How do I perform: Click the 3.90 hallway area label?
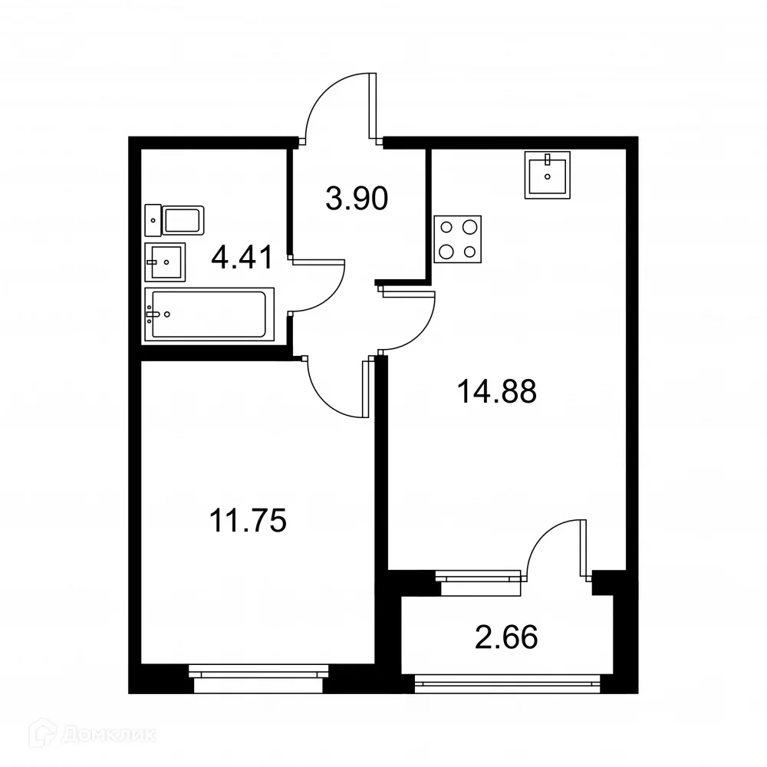[357, 199]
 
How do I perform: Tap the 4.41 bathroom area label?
[242, 257]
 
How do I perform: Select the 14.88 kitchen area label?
[496, 392]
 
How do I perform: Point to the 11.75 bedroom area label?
[248, 522]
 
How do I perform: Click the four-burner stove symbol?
[458, 239]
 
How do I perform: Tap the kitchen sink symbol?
[548, 175]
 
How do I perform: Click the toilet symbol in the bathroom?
[174, 220]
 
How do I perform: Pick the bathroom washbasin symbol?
[164, 263]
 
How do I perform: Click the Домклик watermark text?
[107, 735]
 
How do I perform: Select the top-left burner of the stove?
[446, 227]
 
